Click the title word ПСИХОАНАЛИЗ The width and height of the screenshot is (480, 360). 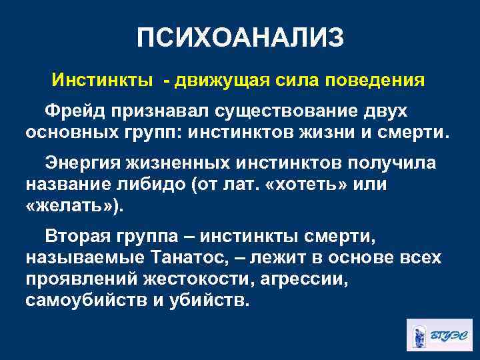[240, 38]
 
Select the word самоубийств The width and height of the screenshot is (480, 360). [86, 300]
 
